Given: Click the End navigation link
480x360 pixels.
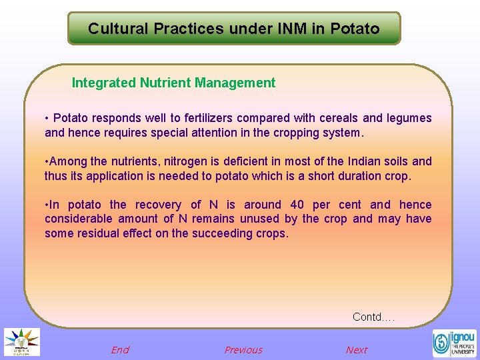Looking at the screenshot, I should point(120,350).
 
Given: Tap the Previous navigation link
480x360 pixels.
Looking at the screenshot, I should point(243,350).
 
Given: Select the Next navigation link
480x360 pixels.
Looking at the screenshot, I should point(357,350).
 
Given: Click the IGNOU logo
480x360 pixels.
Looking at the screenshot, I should point(454,343).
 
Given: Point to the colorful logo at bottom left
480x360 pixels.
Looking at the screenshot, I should point(22,342).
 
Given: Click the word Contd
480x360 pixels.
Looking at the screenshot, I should point(367,317).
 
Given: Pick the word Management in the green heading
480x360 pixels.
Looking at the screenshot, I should point(235,83).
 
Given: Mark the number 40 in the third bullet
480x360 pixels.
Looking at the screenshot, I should point(297,205).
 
